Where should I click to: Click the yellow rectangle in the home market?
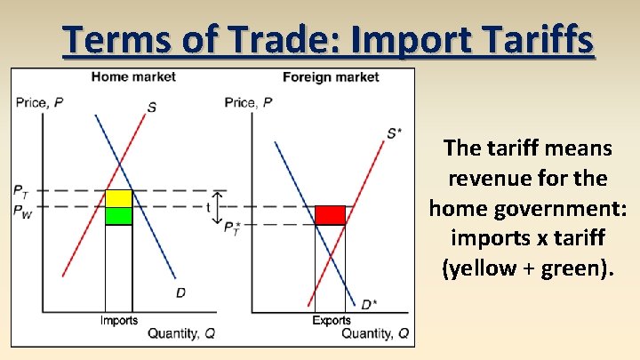click(x=119, y=198)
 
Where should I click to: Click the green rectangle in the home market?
click(x=119, y=215)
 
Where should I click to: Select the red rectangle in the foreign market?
click(x=330, y=215)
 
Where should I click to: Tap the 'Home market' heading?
click(x=133, y=76)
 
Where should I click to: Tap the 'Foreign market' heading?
click(x=331, y=76)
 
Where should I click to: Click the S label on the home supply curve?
click(x=152, y=108)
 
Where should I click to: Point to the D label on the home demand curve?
click(x=180, y=293)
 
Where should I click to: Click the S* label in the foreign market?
click(x=394, y=133)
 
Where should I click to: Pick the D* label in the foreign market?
click(x=369, y=305)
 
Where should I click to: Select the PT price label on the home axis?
click(x=20, y=190)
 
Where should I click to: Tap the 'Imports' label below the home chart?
click(x=118, y=320)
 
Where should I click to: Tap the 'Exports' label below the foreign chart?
click(x=331, y=320)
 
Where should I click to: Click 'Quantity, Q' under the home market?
click(x=181, y=333)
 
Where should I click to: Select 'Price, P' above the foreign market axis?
click(x=249, y=102)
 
